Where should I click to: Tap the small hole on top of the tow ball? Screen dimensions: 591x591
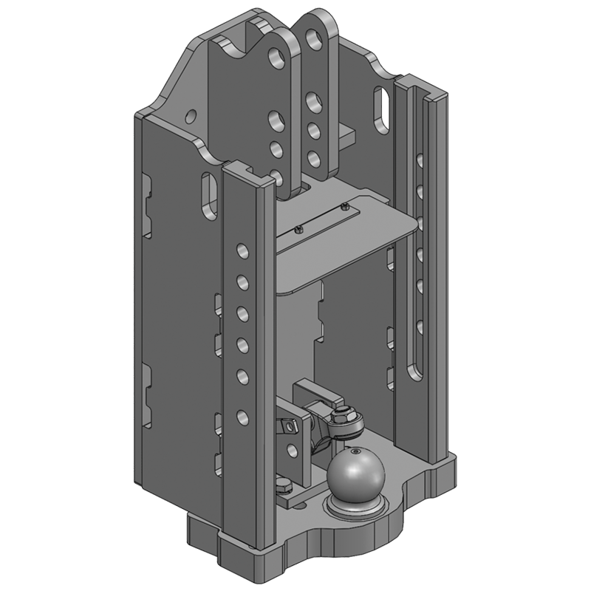(356, 452)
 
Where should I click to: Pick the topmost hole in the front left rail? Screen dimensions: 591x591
(240, 248)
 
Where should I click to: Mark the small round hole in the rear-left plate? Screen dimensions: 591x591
(191, 115)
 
